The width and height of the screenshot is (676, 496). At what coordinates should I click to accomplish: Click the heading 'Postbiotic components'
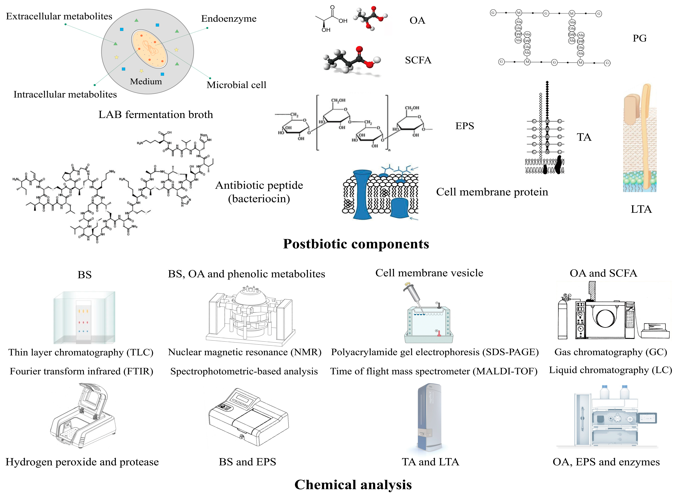[356, 244]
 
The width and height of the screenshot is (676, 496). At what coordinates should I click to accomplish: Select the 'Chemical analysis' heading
[353, 485]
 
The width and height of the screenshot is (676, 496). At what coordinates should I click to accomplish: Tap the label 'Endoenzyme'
[229, 19]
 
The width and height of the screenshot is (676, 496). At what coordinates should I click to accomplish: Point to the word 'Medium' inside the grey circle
[146, 81]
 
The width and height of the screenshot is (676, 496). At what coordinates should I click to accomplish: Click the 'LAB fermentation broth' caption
[155, 114]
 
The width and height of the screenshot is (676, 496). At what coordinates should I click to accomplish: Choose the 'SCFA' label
[418, 60]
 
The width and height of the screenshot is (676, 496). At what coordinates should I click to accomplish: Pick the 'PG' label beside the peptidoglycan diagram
[639, 38]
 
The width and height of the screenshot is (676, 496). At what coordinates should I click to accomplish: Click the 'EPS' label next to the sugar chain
[465, 126]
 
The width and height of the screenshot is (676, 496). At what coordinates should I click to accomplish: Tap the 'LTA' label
[641, 209]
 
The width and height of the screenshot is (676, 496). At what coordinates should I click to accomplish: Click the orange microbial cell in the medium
[149, 49]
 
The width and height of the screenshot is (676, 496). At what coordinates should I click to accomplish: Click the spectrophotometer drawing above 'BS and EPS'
[248, 417]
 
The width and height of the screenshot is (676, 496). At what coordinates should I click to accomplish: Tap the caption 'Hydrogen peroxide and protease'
[82, 462]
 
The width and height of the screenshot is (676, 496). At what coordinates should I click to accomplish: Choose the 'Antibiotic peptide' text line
[259, 185]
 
